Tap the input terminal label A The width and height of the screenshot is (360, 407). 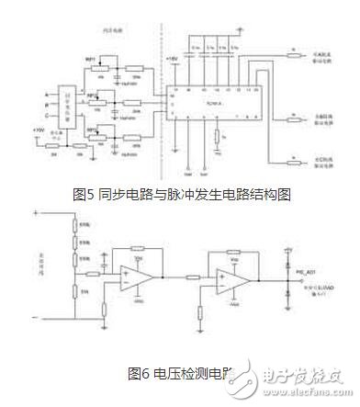coord(46,93)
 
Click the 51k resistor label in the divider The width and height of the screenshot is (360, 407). coord(85,292)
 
